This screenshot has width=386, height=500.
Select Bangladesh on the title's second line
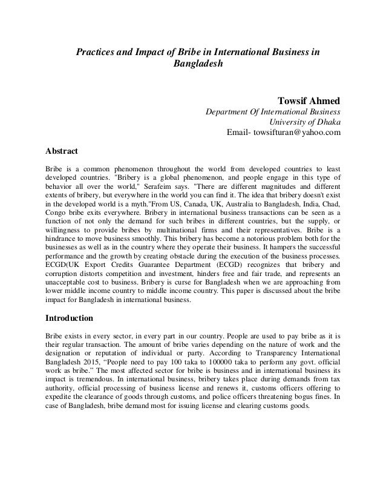198,64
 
